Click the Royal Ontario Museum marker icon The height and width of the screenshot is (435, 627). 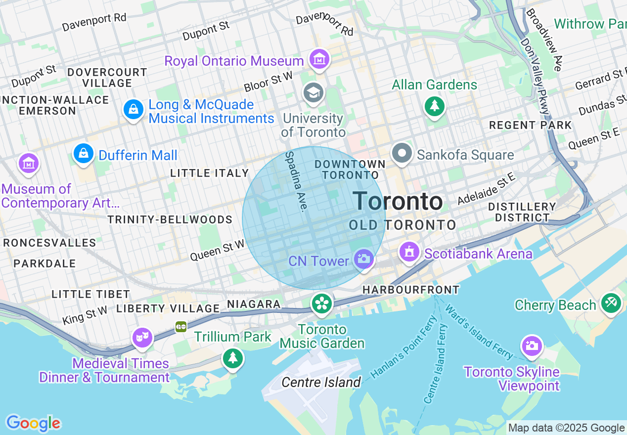click(319, 60)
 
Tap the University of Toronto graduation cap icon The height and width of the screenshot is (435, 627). click(313, 92)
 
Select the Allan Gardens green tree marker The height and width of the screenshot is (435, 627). click(434, 106)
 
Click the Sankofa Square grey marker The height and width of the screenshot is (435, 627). click(402, 154)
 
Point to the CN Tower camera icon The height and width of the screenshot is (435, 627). click(364, 259)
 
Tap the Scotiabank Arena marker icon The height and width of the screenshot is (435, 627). click(409, 253)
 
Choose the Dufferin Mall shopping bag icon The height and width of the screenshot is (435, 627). click(84, 154)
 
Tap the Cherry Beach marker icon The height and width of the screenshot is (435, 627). click(611, 303)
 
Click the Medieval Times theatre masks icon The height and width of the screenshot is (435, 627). click(142, 338)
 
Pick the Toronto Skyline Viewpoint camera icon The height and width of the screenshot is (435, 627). click(532, 346)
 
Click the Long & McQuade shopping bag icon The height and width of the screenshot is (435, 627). click(134, 109)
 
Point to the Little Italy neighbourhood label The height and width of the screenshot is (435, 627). click(209, 173)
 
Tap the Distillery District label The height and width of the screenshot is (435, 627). click(522, 212)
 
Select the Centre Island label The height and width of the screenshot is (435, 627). click(321, 382)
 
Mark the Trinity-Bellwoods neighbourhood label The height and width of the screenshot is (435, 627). click(170, 219)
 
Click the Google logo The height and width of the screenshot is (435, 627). click(33, 423)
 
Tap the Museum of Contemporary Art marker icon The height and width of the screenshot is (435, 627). click(29, 163)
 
